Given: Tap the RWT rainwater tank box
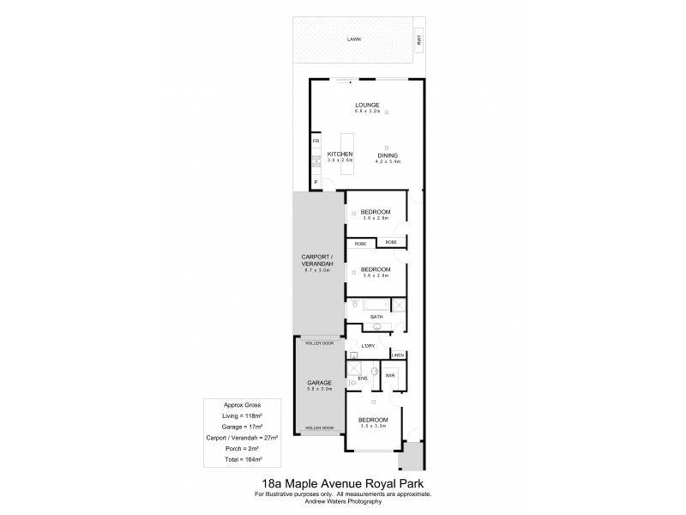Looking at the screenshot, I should click(419, 39).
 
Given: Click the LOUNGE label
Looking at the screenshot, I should click(367, 106).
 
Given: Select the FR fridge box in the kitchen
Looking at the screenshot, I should click(316, 140).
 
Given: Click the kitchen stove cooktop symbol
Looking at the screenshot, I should click(316, 160).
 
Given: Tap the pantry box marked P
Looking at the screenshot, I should click(316, 182).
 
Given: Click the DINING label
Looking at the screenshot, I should click(388, 155).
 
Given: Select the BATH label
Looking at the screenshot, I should click(376, 318).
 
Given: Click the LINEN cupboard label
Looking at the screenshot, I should click(397, 355).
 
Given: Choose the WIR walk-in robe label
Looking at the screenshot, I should click(389, 375).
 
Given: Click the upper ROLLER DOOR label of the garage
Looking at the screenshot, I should click(319, 342).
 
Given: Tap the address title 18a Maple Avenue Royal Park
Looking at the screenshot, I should click(343, 483).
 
